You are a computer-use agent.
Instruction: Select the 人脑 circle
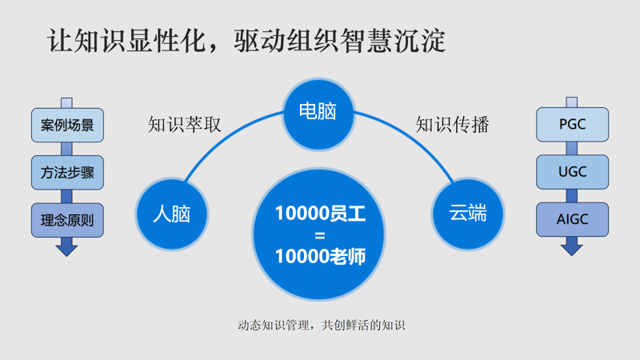[171, 214]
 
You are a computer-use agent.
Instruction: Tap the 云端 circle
[468, 214]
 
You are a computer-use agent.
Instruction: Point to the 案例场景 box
[67, 126]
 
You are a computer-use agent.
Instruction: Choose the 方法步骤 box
[67, 173]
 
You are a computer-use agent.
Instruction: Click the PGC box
[571, 126]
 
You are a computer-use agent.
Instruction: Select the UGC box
[571, 173]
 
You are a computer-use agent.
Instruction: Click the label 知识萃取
[185, 125]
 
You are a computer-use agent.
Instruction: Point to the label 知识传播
[452, 125]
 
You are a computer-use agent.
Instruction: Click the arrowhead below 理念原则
[67, 249]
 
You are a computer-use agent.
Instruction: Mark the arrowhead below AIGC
[571, 249]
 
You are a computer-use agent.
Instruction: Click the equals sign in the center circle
[320, 235]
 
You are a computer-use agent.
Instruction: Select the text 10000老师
[320, 257]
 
